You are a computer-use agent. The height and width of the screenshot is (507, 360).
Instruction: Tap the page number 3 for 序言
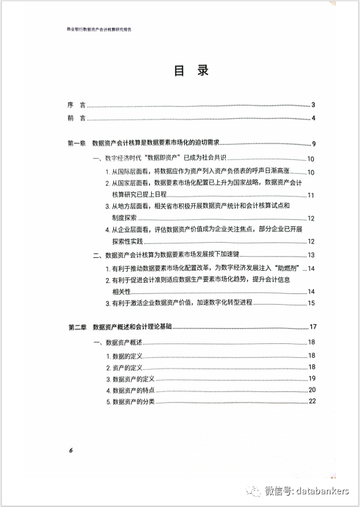(x=313, y=106)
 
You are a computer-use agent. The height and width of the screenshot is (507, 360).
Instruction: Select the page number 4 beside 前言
(x=313, y=119)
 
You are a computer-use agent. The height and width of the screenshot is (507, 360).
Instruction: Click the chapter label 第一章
(x=77, y=144)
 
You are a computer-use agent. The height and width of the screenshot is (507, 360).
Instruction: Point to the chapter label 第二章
(x=77, y=327)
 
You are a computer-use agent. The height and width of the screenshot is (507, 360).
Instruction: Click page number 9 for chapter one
(x=314, y=145)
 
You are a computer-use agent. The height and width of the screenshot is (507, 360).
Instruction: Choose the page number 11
(x=311, y=195)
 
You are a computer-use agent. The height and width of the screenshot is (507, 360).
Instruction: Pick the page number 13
(x=311, y=255)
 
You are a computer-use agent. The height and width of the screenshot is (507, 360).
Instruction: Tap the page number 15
(x=311, y=303)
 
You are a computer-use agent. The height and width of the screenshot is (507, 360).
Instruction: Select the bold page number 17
(x=313, y=327)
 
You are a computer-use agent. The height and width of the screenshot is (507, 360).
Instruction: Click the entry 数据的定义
(x=128, y=356)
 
